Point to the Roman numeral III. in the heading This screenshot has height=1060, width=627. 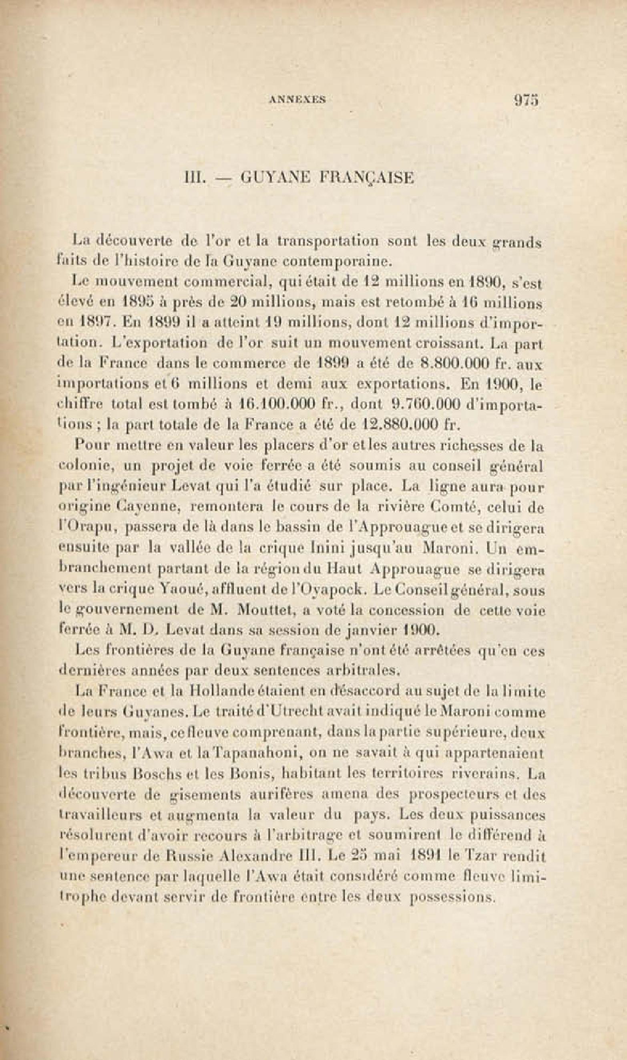(193, 178)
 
